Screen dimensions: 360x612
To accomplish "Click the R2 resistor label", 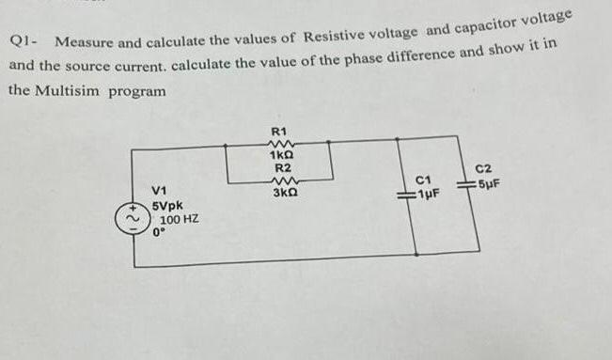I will click(281, 167).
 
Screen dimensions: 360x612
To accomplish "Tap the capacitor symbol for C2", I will click(466, 184).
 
